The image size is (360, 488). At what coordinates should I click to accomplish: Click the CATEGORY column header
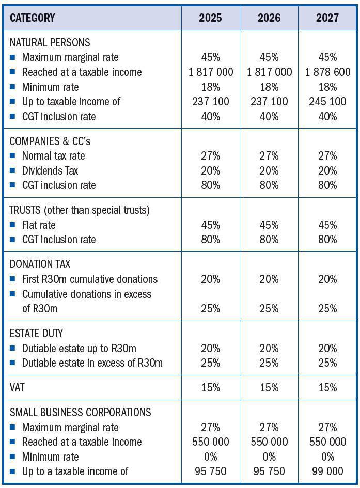tap(32, 18)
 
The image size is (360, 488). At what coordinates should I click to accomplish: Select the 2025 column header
tap(210, 18)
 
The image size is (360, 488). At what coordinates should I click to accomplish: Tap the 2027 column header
tap(327, 18)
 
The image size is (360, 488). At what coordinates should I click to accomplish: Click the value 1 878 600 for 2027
tap(327, 72)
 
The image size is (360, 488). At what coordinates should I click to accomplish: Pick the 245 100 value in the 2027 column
tap(327, 102)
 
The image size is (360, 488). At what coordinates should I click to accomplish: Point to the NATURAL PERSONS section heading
tap(50, 42)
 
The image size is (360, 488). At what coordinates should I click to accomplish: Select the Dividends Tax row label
tap(50, 170)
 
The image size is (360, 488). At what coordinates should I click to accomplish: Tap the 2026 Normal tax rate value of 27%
tap(269, 156)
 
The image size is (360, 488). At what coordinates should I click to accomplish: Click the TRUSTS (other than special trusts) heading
tap(79, 210)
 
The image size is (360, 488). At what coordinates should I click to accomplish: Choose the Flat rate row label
tap(39, 225)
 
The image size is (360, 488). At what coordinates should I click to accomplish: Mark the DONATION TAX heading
tap(40, 264)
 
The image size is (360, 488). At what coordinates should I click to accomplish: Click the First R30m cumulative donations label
tap(89, 279)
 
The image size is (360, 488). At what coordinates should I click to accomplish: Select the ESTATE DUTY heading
tap(36, 334)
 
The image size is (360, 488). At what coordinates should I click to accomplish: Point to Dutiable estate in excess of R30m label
tap(92, 363)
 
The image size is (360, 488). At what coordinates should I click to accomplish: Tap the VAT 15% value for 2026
tap(269, 388)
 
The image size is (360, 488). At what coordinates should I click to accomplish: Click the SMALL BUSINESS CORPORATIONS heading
tap(80, 412)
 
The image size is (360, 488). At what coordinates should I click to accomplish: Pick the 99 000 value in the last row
tap(327, 471)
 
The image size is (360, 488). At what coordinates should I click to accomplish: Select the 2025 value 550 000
tap(210, 442)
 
